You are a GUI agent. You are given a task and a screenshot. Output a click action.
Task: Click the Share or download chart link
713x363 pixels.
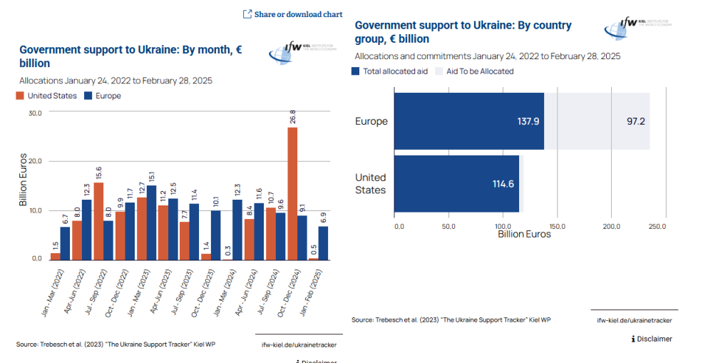(292, 14)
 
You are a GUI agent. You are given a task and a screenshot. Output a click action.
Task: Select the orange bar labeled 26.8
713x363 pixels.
(292, 193)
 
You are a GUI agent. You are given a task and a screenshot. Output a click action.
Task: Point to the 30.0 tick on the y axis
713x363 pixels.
(35, 113)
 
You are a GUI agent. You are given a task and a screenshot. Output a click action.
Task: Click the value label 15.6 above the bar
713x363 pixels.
(98, 172)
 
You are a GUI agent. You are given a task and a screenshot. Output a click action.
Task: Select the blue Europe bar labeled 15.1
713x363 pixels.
(152, 222)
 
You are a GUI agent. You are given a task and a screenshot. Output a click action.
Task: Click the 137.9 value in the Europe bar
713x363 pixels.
(528, 121)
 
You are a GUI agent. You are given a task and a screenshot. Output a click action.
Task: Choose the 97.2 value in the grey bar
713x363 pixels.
(636, 121)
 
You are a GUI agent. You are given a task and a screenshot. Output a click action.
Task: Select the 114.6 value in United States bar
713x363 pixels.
(503, 184)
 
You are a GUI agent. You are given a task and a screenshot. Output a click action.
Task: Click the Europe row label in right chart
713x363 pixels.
(371, 121)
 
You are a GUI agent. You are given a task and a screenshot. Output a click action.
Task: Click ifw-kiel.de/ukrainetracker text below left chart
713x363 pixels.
(299, 345)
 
